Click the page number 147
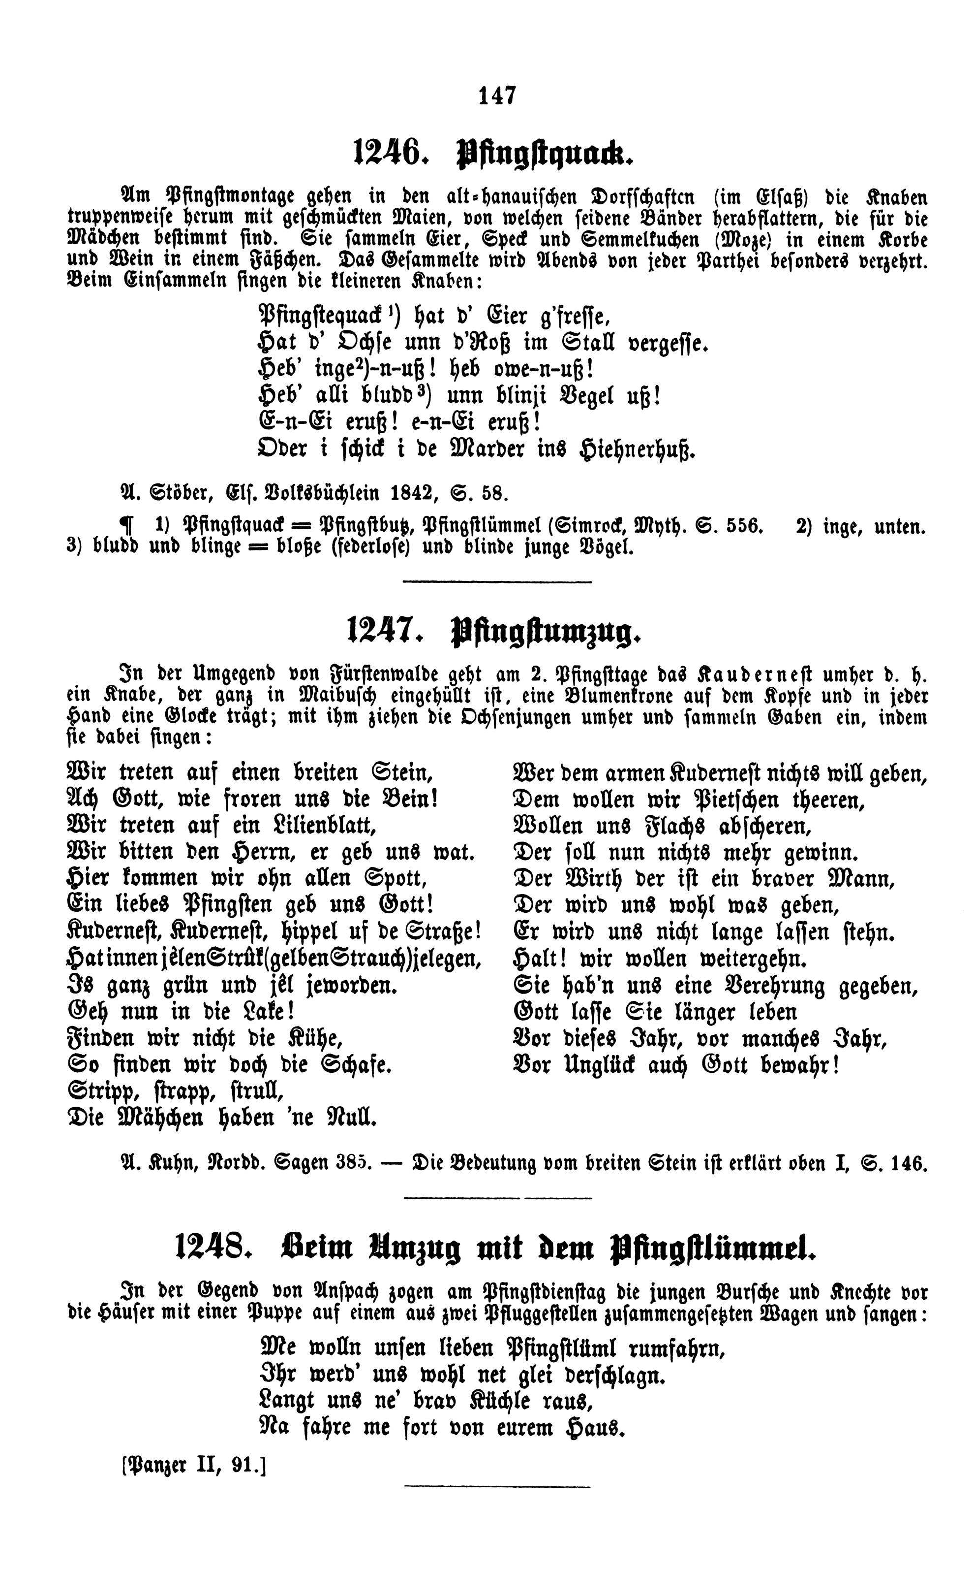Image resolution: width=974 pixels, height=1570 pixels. [x=497, y=96]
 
